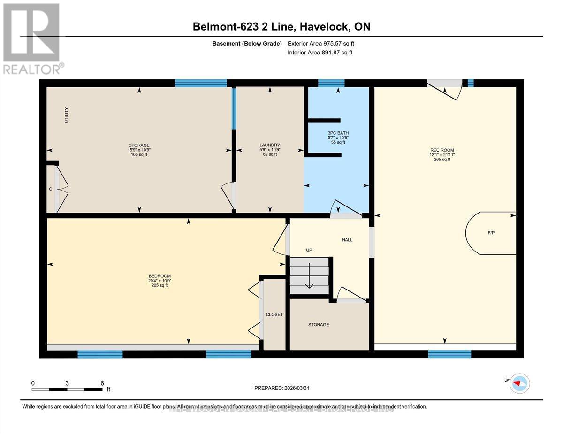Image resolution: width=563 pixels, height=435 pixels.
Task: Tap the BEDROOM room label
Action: [x=160, y=276]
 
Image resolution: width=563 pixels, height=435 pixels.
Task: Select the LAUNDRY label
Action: [x=270, y=145]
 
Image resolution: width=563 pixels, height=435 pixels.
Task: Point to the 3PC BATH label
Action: [x=338, y=133]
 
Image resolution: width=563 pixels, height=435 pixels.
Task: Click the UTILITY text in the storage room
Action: [x=67, y=115]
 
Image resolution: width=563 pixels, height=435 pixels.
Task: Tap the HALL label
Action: [x=347, y=240]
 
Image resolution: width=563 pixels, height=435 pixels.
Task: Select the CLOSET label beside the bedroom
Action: [x=274, y=314]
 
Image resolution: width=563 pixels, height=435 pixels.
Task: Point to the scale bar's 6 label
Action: [x=102, y=383]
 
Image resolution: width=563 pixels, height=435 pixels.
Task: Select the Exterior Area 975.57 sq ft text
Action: [x=321, y=43]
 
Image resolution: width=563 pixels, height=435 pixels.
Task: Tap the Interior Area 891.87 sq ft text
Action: [x=320, y=53]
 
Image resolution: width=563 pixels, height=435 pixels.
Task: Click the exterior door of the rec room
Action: [x=444, y=89]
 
